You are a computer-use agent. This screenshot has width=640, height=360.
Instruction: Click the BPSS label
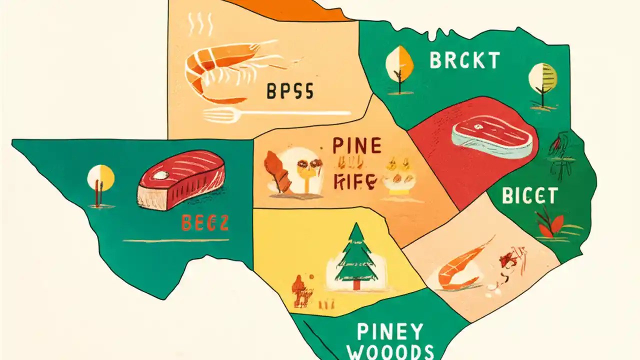pos(289,92)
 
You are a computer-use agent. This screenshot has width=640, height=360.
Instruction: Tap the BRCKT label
pos(464,60)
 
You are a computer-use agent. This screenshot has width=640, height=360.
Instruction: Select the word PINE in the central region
pos(356,146)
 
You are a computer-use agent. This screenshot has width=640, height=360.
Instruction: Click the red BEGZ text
pos(205,223)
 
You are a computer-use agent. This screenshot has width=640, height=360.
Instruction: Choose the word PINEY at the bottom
pos(390,331)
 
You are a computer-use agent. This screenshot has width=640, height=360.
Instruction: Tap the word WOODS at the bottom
pos(390,352)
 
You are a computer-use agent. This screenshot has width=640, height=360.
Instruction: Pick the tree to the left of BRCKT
pos(398,67)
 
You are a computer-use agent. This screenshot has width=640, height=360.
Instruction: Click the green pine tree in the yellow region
pos(356,255)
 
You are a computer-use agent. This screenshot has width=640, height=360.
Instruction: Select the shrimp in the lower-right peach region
pos(460,267)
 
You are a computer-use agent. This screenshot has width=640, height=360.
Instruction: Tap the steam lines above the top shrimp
pos(200,24)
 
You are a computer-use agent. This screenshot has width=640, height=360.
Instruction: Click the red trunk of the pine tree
pos(356,284)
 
